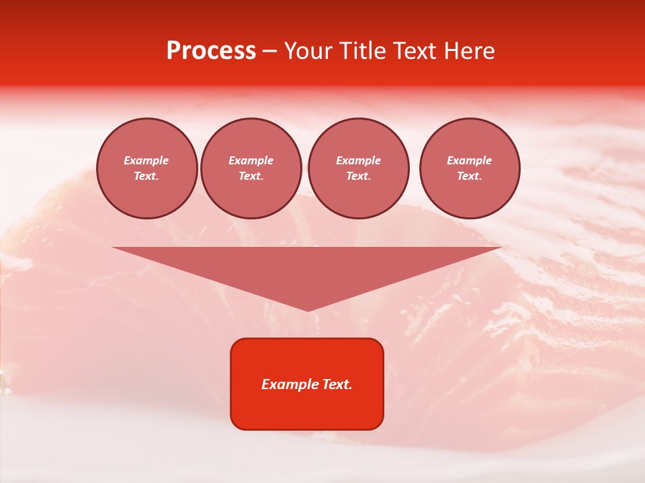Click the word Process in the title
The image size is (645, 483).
(x=211, y=51)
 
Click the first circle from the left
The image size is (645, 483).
(x=147, y=168)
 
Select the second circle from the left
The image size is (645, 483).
(x=251, y=168)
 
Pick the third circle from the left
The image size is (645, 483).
(x=359, y=168)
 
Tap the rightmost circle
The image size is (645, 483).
(x=470, y=168)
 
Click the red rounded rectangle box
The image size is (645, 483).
(x=307, y=384)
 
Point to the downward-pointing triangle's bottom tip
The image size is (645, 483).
(x=308, y=310)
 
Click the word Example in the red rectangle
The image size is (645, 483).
(x=290, y=384)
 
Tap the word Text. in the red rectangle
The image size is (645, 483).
(x=337, y=384)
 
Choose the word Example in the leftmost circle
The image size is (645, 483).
(x=146, y=161)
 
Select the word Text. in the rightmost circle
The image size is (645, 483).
(x=470, y=176)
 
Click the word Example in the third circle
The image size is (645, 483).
(x=359, y=161)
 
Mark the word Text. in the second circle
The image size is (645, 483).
(x=251, y=176)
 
